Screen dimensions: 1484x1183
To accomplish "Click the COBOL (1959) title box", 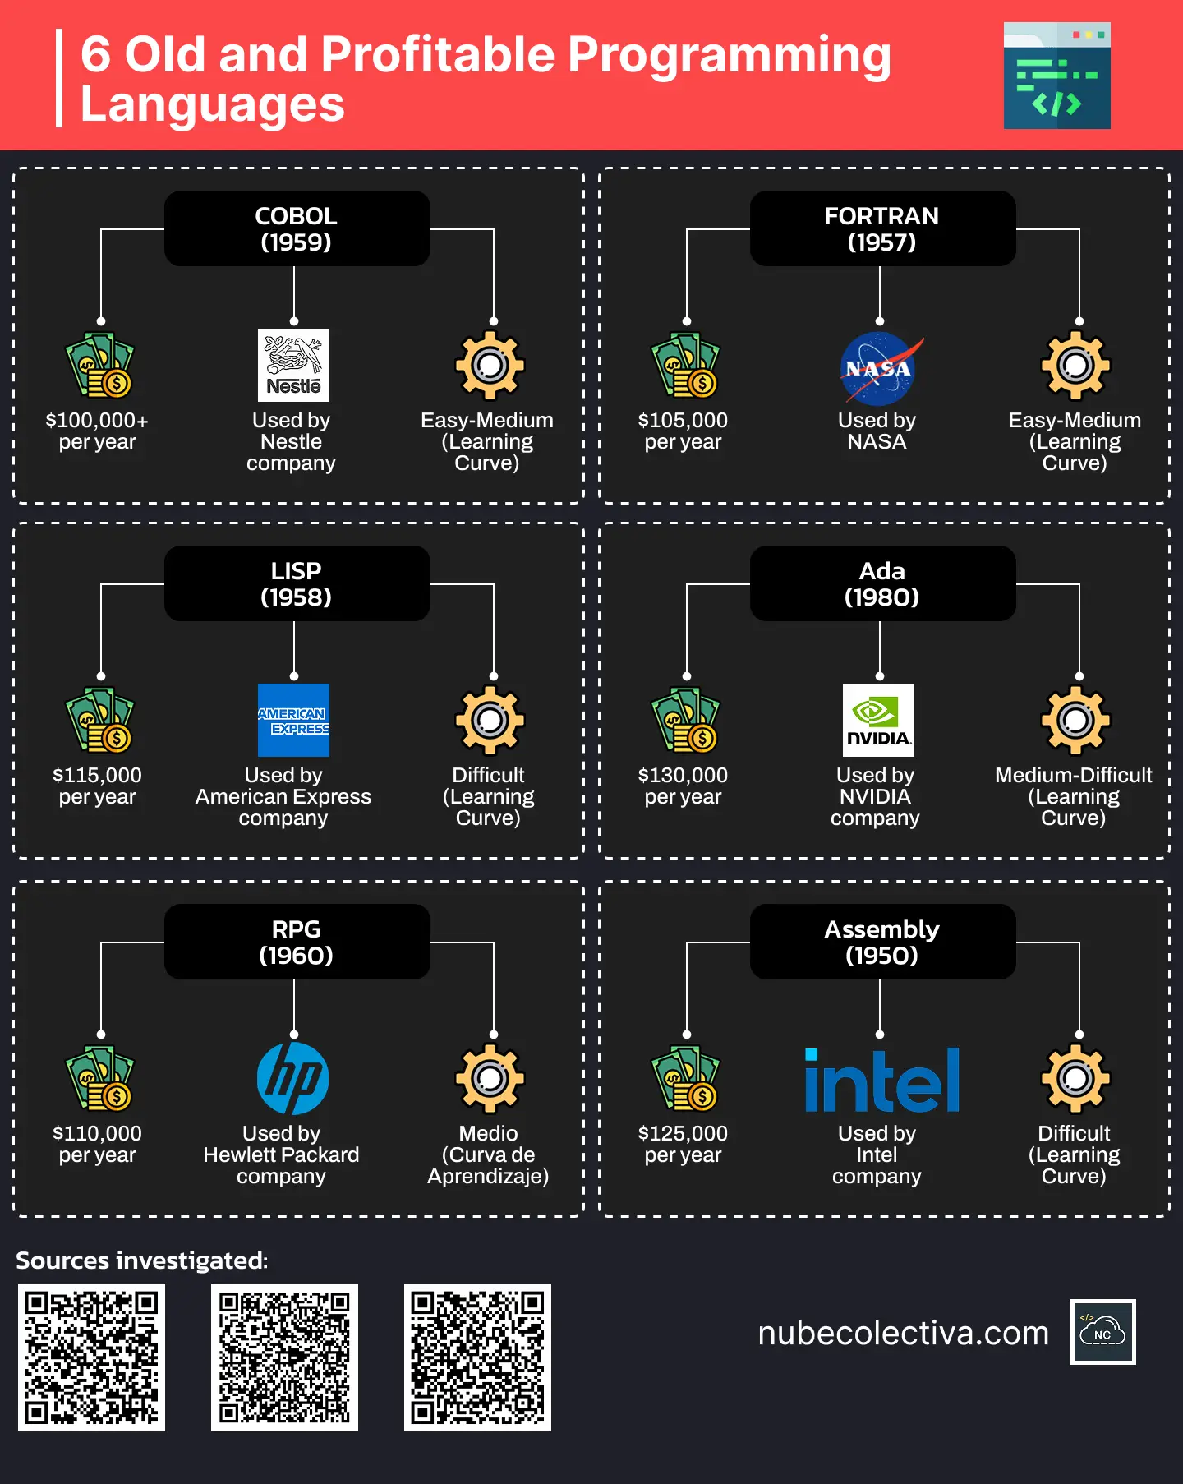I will (297, 228).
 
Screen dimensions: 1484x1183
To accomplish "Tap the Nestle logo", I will (293, 365).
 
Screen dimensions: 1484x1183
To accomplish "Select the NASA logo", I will (878, 368).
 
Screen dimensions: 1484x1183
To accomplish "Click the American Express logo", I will (293, 720).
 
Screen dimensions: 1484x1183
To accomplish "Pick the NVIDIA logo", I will (878, 720).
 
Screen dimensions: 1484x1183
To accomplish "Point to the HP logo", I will (293, 1078).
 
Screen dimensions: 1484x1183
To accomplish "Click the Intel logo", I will (881, 1080).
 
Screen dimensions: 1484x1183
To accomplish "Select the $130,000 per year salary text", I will (683, 786).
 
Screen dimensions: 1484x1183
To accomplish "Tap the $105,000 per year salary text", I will (683, 431).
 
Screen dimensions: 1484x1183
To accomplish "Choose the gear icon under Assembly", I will (1075, 1078).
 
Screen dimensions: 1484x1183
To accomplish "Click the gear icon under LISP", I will (490, 720).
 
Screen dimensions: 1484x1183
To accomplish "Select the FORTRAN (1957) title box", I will (882, 228).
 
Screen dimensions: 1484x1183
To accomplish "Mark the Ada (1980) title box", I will (882, 583).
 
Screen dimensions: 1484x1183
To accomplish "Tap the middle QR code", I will (284, 1357).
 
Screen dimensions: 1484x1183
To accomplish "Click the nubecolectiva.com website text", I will (903, 1333).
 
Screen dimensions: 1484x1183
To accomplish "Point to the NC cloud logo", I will (1102, 1332).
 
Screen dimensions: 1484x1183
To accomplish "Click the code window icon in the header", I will (1056, 76).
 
